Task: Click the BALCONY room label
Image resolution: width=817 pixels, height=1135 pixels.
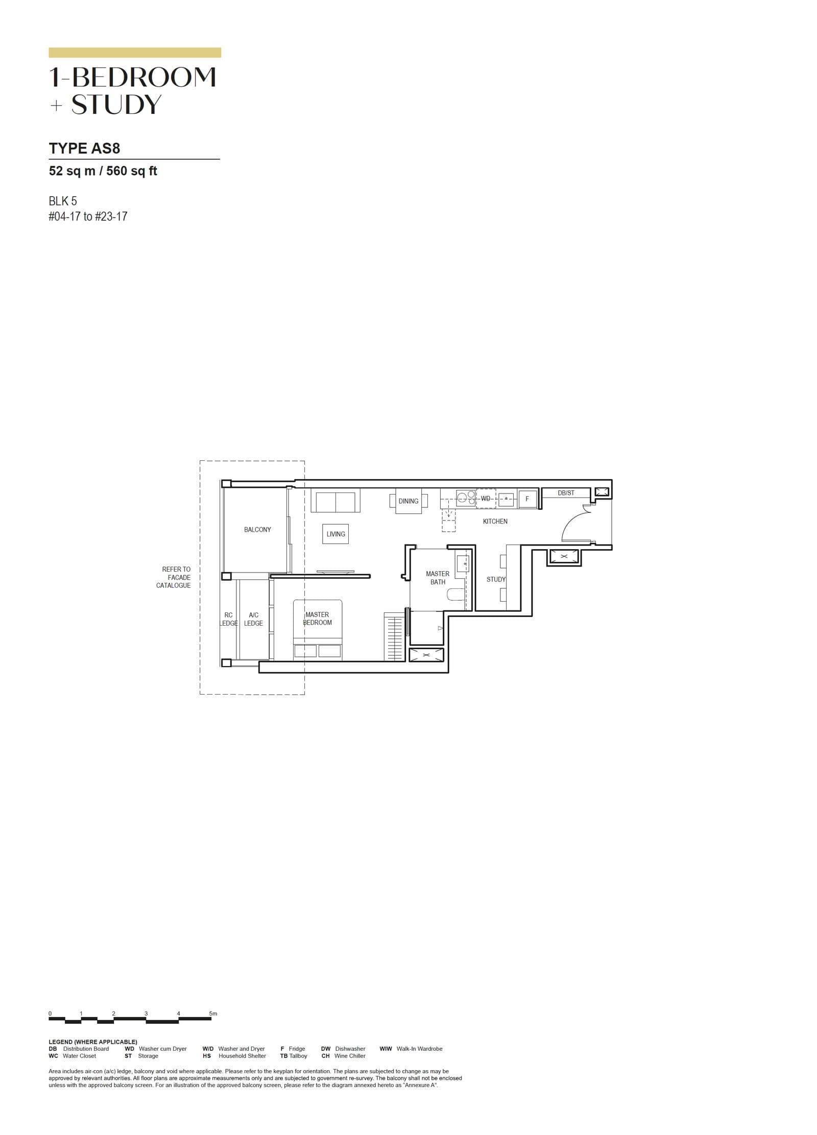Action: click(x=257, y=530)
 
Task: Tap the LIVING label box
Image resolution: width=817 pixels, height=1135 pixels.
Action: click(x=335, y=534)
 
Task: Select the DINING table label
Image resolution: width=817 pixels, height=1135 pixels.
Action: click(x=408, y=501)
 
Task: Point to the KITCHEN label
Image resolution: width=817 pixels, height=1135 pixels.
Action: click(x=495, y=521)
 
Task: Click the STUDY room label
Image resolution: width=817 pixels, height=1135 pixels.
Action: click(x=496, y=579)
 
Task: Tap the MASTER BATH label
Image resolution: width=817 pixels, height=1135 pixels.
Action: click(x=438, y=578)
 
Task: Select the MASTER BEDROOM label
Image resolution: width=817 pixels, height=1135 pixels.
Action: click(x=317, y=619)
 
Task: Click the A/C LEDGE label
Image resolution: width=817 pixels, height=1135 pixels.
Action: click(x=253, y=619)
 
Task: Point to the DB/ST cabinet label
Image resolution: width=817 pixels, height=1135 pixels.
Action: click(x=566, y=492)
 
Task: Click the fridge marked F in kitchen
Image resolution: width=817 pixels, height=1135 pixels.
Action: click(x=527, y=499)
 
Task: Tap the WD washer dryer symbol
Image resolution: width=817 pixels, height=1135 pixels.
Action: click(x=486, y=498)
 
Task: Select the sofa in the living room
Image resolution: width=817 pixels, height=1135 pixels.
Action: click(x=335, y=501)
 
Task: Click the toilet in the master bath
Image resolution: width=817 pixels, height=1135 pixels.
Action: click(x=455, y=594)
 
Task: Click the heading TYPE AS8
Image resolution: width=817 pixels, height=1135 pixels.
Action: click(x=84, y=149)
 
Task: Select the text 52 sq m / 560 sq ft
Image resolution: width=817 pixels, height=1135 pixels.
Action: click(x=103, y=171)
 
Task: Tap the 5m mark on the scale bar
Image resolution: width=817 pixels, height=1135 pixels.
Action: click(x=213, y=1013)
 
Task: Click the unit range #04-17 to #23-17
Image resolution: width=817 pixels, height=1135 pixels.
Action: click(x=88, y=216)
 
